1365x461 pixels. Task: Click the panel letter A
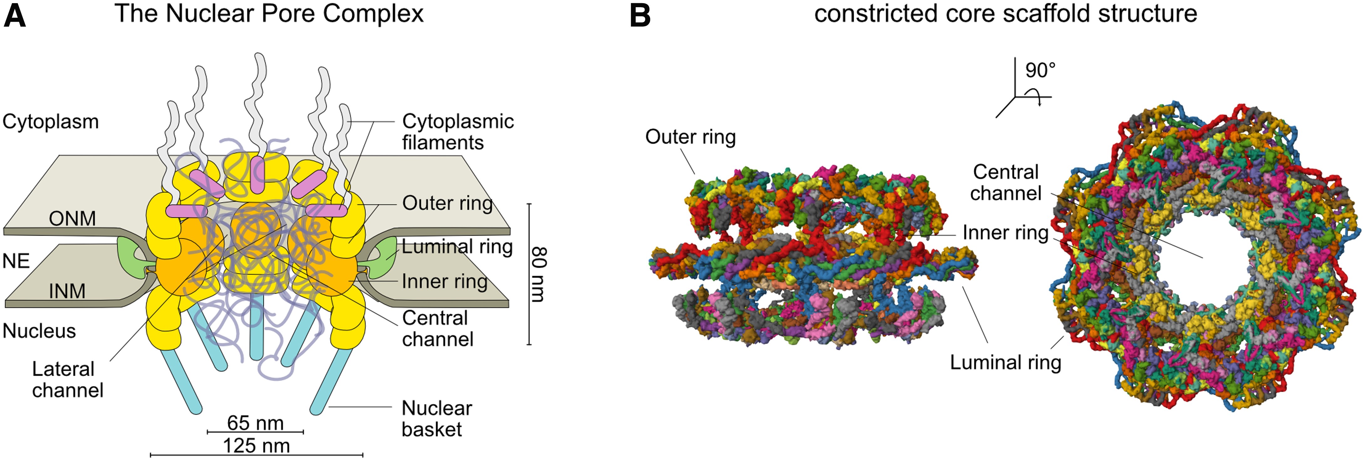pos(15,16)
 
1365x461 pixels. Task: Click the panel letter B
pos(640,16)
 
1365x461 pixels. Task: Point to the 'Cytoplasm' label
pos(50,122)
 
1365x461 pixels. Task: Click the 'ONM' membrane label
pos(72,218)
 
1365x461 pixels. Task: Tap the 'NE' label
pos(16,261)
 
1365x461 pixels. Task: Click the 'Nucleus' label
pos(39,331)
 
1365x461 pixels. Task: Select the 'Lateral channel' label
pos(67,379)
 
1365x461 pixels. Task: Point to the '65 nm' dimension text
pos(255,423)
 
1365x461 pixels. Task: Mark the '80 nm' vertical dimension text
pos(538,274)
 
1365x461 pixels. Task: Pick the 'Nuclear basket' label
pos(437,419)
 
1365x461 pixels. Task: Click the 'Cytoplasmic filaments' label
pos(458,132)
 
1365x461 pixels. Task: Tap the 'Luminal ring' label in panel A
pos(457,247)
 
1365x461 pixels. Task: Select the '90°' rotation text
pos(1040,70)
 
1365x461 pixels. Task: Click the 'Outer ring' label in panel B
pos(690,137)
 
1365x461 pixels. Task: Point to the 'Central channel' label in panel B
pos(1005,182)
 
